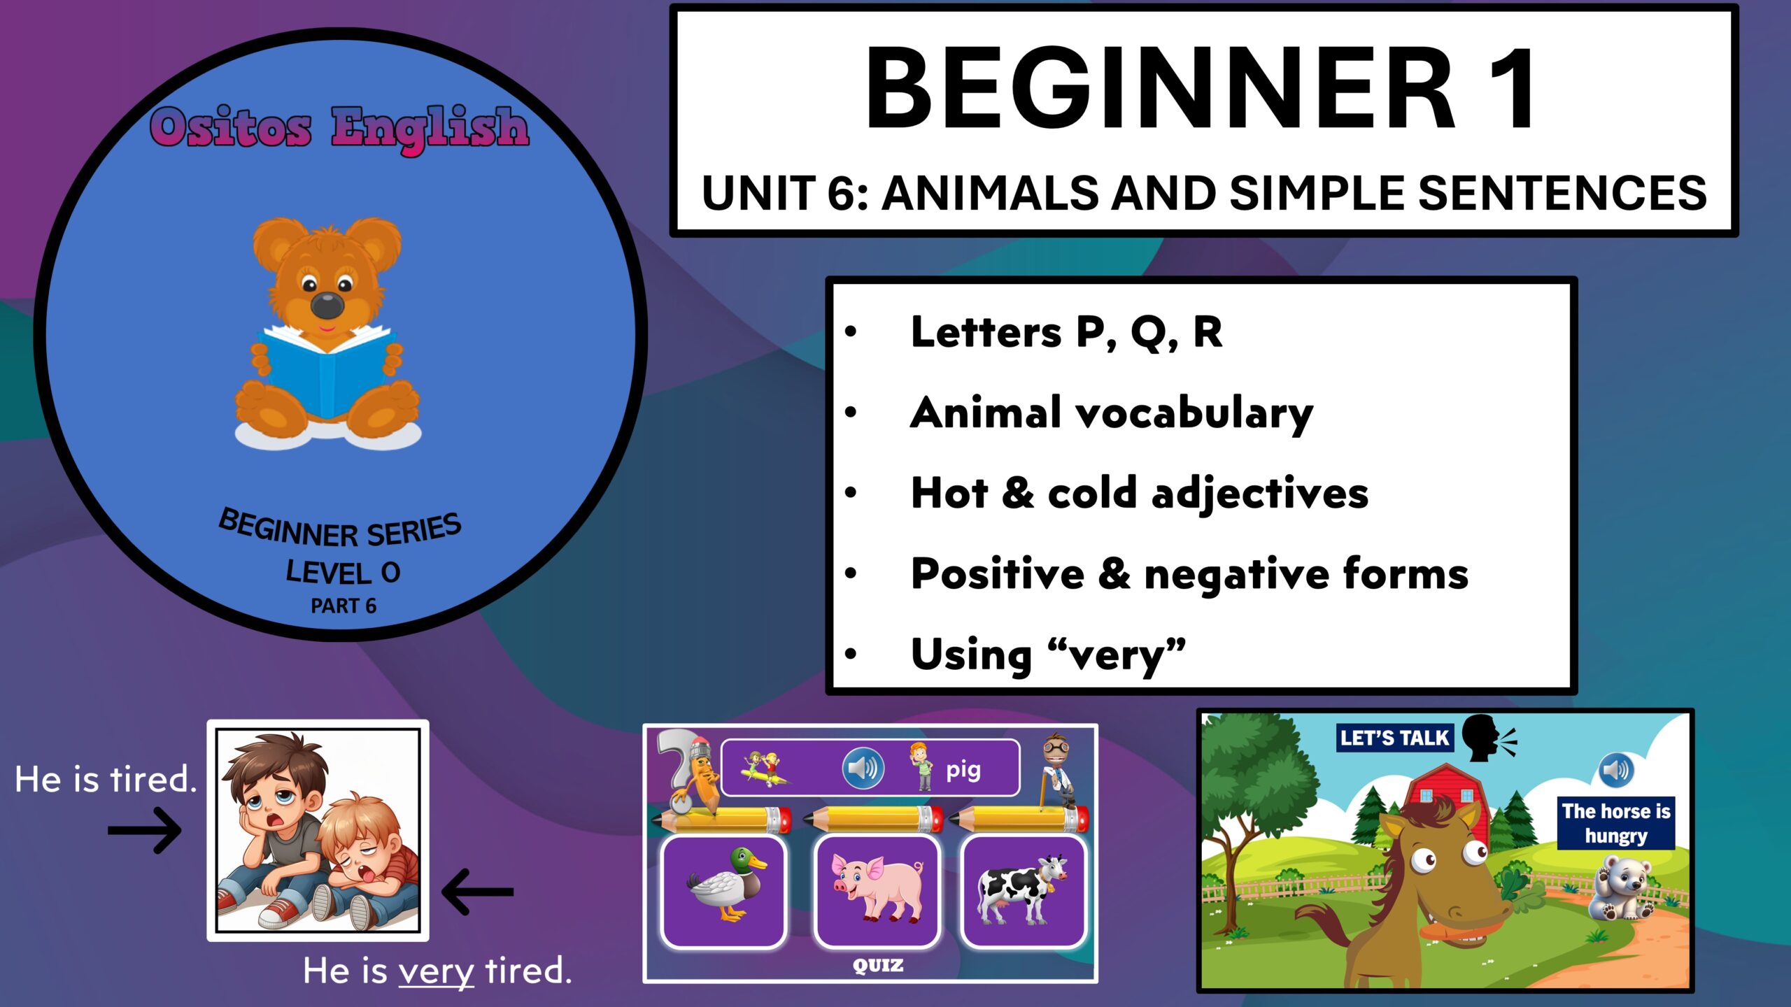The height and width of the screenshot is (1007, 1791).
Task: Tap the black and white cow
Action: coord(1023,888)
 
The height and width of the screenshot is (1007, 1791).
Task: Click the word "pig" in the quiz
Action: coord(963,770)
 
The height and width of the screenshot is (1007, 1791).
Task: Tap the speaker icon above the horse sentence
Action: coord(1616,770)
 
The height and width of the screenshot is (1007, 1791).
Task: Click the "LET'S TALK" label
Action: coord(1394,738)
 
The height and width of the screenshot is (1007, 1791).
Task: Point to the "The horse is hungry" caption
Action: coord(1615,823)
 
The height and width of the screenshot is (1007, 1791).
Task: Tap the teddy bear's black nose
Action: coord(327,305)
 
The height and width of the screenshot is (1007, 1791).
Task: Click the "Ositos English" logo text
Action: coord(339,128)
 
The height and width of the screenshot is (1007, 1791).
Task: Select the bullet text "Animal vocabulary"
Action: coord(1111,413)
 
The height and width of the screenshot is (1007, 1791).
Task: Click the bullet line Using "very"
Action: coord(1047,655)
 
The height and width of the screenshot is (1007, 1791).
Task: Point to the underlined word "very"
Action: coord(436,971)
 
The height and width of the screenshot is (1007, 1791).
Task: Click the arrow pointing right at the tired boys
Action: coord(145,831)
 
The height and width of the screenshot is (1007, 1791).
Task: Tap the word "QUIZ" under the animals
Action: coord(877,966)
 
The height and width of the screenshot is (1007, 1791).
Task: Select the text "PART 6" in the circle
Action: coord(343,606)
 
